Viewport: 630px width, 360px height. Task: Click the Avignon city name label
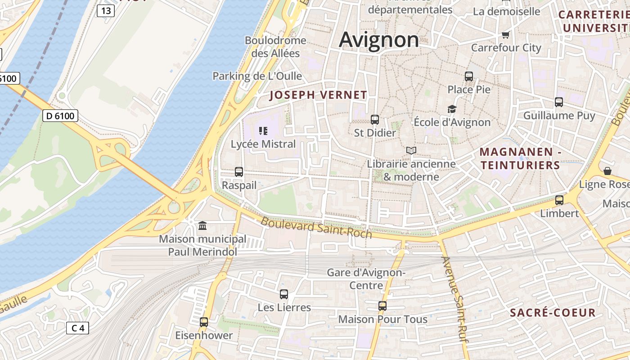pos(379,40)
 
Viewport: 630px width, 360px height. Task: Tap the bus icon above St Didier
pos(374,120)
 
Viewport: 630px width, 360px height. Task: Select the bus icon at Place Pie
pos(469,76)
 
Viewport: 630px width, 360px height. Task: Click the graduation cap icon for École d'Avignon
pos(452,109)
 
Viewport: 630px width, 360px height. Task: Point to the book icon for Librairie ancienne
pos(411,151)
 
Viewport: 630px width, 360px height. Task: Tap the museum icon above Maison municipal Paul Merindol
pos(202,225)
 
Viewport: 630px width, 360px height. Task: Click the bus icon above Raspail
pos(239,172)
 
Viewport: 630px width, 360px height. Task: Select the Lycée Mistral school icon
pos(263,131)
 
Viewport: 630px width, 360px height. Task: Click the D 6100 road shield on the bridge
pos(60,116)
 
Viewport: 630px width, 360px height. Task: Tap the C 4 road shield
pos(77,328)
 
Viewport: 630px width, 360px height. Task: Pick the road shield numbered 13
pos(105,11)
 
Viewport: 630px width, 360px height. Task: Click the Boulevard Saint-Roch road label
pos(316,227)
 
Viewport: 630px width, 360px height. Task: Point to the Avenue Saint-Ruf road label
pos(456,300)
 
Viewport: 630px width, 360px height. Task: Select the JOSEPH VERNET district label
pos(318,95)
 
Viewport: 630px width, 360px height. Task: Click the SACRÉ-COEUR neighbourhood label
pos(553,313)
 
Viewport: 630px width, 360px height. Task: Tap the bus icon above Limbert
pos(559,200)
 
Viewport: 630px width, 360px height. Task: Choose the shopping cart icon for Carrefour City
pos(505,35)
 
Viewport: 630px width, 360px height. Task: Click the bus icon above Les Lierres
pos(284,294)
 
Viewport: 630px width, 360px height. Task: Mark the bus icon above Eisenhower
pos(204,322)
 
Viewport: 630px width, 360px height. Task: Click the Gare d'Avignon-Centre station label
pos(366,279)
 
